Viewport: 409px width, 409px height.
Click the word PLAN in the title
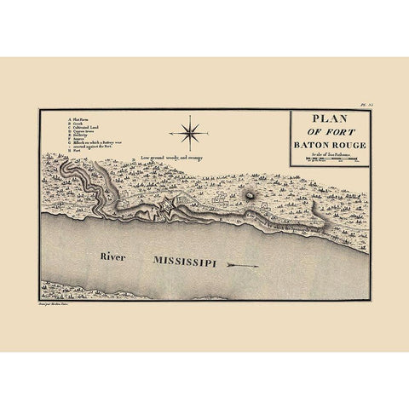(328, 119)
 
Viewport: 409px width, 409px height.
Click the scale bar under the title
(329, 159)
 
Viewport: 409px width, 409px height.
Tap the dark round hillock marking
(249, 193)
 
